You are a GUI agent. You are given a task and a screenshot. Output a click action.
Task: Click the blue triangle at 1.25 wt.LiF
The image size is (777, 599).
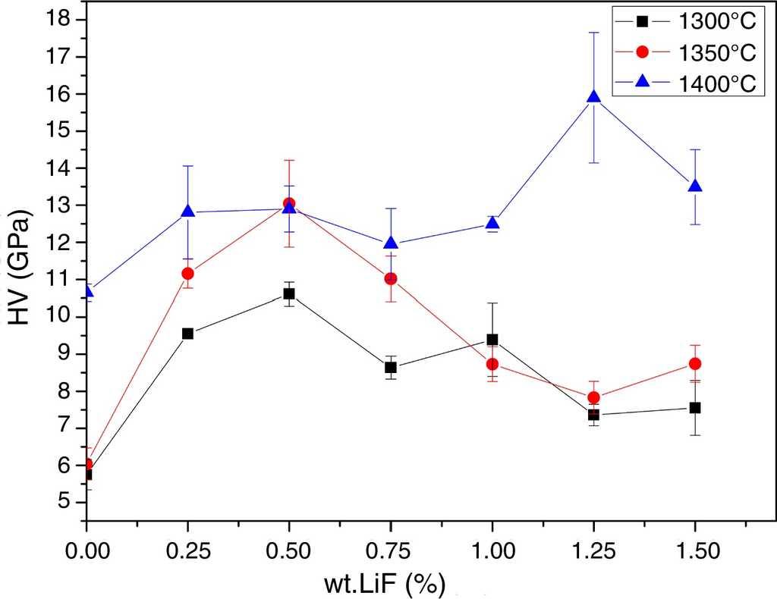[593, 97]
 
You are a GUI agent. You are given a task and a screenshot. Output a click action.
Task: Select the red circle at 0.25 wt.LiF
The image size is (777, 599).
[188, 273]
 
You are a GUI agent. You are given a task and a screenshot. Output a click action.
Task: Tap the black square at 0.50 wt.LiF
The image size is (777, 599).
[289, 293]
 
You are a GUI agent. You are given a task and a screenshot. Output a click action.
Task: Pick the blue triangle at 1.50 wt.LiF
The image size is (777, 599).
[694, 187]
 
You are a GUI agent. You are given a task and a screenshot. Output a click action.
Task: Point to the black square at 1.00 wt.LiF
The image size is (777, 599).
[492, 340]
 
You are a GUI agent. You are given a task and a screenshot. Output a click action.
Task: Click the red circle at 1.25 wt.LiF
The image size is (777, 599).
[593, 397]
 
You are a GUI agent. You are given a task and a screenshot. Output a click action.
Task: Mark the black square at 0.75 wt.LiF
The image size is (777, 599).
[391, 367]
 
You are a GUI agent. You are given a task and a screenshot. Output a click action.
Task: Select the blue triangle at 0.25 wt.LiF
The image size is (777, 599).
[188, 212]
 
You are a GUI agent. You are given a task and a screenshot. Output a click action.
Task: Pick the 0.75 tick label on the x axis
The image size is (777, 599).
[391, 552]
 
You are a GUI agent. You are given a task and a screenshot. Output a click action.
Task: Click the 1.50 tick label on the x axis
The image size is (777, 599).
[694, 552]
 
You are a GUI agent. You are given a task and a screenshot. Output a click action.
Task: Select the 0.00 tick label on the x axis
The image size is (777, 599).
[87, 552]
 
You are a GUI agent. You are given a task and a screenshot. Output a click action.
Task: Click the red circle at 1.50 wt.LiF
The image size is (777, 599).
[694, 364]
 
